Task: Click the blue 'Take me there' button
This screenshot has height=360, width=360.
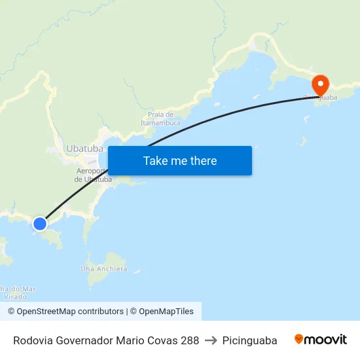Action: [180, 160]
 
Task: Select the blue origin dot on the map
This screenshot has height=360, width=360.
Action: [40, 224]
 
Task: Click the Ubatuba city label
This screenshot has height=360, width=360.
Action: [84, 149]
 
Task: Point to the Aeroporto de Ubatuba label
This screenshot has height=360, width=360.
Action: [93, 175]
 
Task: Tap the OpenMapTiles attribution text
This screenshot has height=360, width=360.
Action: [166, 312]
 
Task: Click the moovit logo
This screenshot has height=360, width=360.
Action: [321, 340]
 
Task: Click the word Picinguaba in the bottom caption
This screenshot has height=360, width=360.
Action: [249, 340]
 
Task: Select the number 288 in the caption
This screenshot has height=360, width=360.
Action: [189, 340]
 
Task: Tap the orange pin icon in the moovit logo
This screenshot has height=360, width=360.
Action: [299, 339]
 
